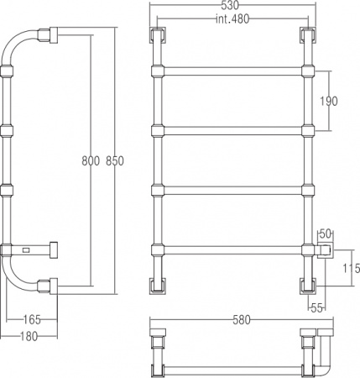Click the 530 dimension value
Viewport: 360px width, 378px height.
(x=229, y=6)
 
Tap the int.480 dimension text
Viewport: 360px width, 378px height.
(x=232, y=19)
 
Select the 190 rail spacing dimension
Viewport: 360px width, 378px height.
(x=329, y=101)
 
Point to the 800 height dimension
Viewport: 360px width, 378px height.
(x=91, y=161)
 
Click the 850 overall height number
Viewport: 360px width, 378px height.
(x=115, y=161)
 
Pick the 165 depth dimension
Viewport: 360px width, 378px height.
(x=32, y=319)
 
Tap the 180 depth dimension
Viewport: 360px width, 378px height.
(x=29, y=336)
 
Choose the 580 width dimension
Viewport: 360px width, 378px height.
(x=242, y=319)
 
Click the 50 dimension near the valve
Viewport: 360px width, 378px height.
(x=326, y=234)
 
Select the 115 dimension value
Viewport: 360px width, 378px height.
(x=352, y=268)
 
